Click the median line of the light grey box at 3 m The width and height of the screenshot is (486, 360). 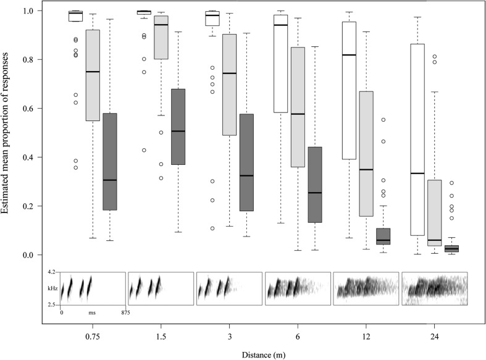point(229,73)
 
